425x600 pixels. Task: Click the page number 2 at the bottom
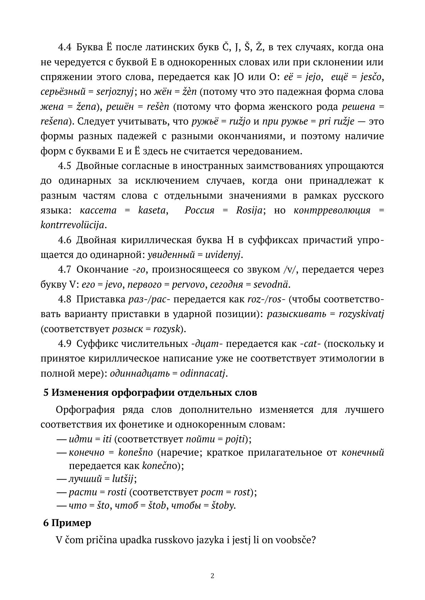click(x=212, y=576)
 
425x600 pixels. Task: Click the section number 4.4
click(x=64, y=47)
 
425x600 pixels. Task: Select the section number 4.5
click(x=64, y=166)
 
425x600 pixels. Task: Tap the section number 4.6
click(x=64, y=240)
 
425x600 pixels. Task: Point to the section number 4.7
click(x=64, y=270)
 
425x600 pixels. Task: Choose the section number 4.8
click(x=64, y=299)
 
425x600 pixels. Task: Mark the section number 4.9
click(x=64, y=344)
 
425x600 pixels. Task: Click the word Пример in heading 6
click(x=75, y=523)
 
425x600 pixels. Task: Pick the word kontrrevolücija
click(x=72, y=225)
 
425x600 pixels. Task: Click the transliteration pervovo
click(x=188, y=285)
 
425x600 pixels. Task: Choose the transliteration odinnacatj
click(x=203, y=373)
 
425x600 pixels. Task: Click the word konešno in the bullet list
click(x=135, y=453)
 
